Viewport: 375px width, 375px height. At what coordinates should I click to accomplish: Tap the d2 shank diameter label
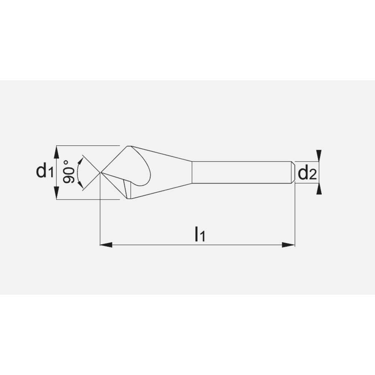(306, 173)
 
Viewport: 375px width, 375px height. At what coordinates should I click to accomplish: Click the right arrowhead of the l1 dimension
(289, 245)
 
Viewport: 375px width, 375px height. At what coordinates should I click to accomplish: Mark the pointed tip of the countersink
(100, 172)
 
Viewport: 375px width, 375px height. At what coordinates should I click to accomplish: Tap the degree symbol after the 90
(66, 162)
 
